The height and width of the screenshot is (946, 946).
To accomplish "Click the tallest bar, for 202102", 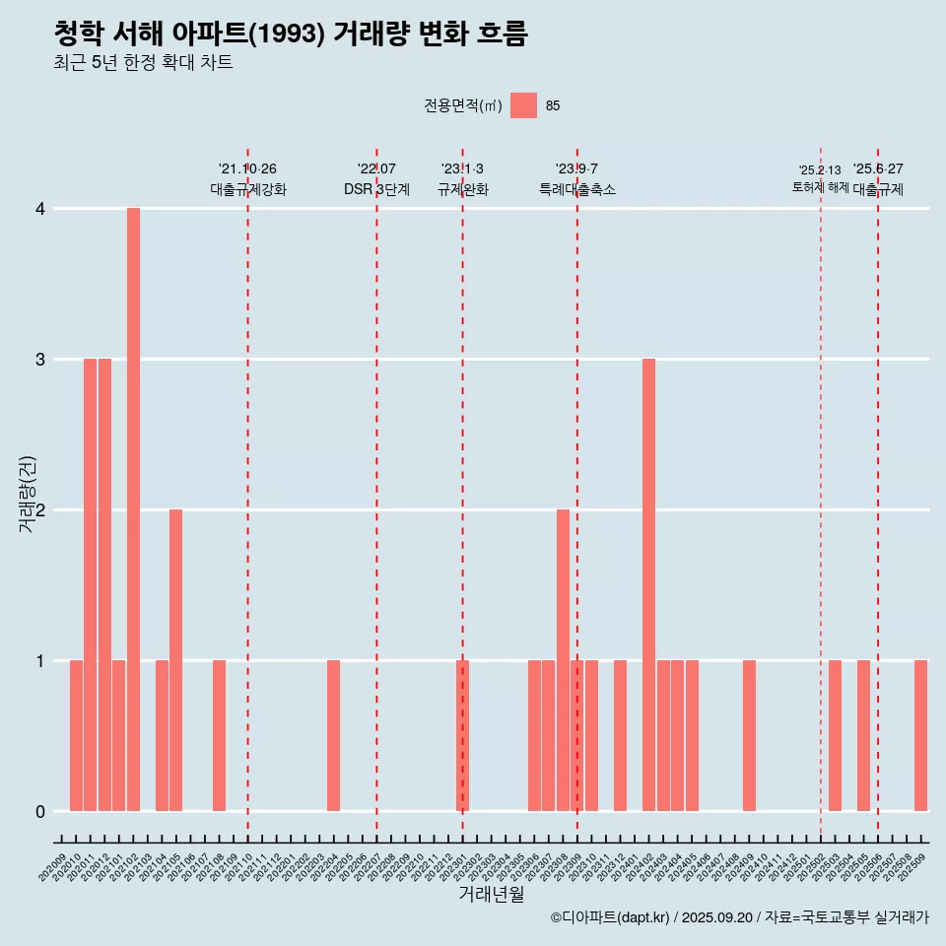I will (x=133, y=509).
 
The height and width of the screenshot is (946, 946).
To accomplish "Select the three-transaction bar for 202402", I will (x=648, y=584).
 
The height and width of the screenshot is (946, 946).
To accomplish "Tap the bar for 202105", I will (x=175, y=660).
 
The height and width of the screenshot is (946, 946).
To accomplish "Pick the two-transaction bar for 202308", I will (x=563, y=660).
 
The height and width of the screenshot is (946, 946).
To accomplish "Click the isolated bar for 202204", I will (x=333, y=735).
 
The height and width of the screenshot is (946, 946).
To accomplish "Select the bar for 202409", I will (x=749, y=735).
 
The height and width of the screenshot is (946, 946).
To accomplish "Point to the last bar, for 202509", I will (x=920, y=735).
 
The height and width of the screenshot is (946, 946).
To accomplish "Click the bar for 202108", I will (x=219, y=735).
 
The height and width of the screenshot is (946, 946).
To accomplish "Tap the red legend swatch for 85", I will (x=523, y=105).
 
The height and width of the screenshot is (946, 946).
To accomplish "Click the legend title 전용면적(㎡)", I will (x=463, y=106).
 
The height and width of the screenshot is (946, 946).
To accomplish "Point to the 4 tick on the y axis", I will (x=40, y=209).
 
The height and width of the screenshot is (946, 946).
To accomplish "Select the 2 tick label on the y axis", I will (x=40, y=510).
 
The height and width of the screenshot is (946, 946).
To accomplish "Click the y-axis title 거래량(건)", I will (x=28, y=493).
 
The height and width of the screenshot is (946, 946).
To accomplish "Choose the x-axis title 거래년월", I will (x=491, y=894).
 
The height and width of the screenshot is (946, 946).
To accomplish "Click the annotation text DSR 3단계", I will (x=376, y=189).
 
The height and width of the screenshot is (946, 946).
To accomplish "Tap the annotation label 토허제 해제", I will (x=821, y=186).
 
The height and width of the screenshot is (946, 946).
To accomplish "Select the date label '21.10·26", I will (x=247, y=169).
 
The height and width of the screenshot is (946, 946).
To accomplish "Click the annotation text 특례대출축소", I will (x=577, y=189).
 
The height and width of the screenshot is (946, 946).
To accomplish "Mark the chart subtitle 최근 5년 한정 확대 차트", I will (x=144, y=63).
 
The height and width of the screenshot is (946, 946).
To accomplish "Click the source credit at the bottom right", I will (x=739, y=917).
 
